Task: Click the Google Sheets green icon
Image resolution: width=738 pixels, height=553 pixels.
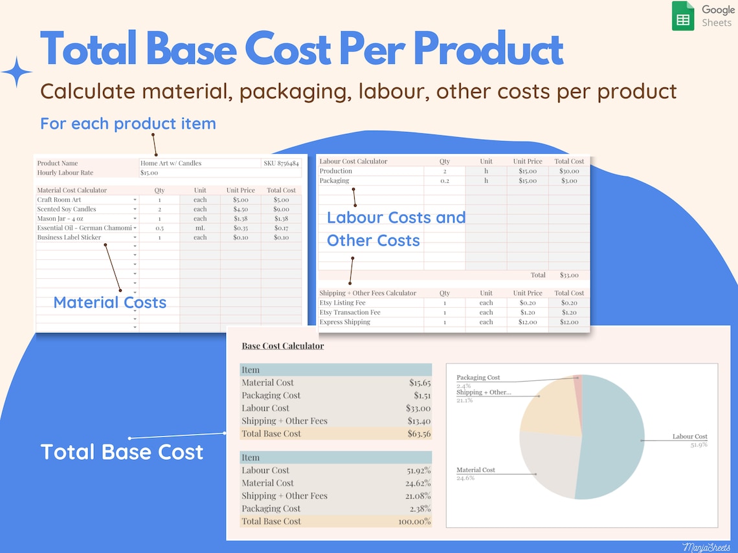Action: [683, 16]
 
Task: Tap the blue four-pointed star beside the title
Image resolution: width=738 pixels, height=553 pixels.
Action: [16, 72]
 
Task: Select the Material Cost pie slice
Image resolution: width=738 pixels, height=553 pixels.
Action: [547, 462]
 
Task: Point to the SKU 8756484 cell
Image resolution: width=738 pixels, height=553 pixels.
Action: [281, 164]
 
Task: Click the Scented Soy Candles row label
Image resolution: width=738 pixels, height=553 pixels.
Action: [67, 210]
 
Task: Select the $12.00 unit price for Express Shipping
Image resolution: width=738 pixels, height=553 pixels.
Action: [528, 322]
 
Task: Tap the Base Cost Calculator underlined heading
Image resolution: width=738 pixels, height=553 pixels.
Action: [283, 346]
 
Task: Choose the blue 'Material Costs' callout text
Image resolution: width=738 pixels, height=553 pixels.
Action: [109, 302]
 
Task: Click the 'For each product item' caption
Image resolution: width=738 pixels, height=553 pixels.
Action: [128, 124]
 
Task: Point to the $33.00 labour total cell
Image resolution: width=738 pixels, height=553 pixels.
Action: [568, 275]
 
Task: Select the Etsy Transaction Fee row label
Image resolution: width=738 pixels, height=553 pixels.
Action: [350, 312]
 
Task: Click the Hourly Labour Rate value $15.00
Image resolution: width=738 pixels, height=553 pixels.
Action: [150, 173]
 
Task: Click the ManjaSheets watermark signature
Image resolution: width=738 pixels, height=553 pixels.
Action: [706, 547]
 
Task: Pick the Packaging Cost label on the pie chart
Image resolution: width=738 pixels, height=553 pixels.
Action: [478, 378]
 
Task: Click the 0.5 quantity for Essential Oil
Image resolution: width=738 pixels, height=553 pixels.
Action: [159, 228]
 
